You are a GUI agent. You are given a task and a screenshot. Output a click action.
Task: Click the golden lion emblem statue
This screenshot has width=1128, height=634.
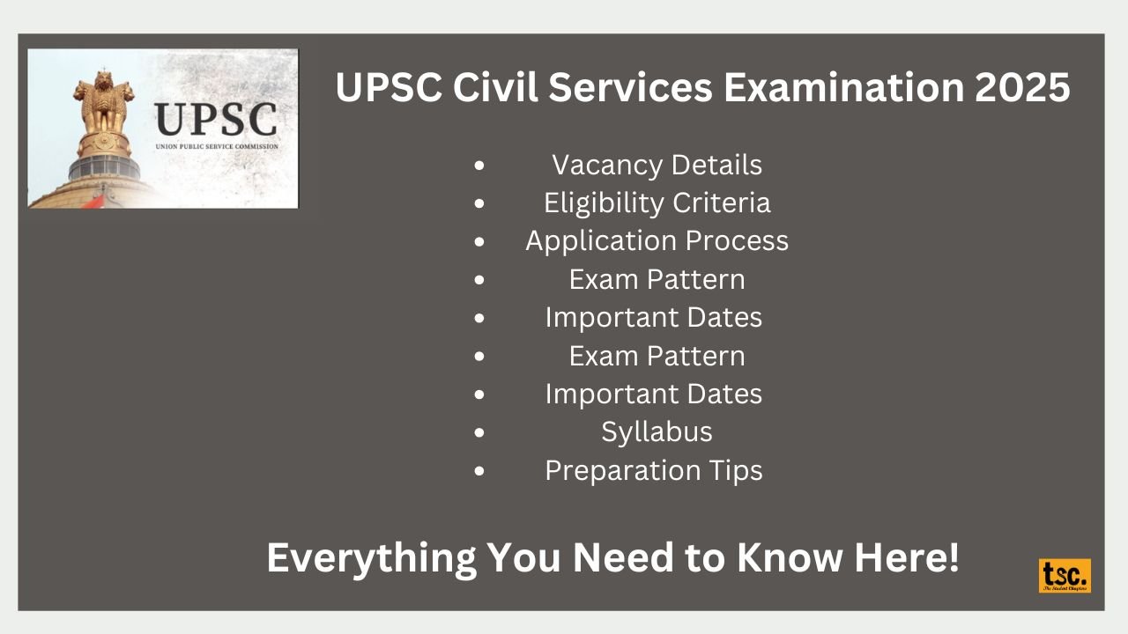pos(104,106)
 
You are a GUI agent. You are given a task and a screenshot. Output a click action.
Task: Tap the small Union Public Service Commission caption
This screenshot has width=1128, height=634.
pos(216,147)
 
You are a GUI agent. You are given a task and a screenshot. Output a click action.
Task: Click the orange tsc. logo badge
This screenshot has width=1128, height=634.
pos(1065,576)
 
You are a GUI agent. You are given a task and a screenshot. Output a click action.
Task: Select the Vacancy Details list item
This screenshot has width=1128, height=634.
pos(657,165)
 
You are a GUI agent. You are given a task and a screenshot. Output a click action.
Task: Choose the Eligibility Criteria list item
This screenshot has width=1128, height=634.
pos(657,203)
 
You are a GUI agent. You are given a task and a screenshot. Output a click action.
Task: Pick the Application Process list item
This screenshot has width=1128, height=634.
pos(657,241)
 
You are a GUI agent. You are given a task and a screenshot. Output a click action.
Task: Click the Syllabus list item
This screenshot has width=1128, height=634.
pos(657,431)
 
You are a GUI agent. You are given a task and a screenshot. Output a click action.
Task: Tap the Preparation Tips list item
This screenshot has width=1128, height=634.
pos(653,470)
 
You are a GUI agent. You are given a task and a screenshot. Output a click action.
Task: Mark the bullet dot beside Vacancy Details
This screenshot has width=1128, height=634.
pos(479,166)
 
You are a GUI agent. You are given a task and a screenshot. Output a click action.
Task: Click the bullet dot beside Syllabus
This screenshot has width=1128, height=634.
pos(479,432)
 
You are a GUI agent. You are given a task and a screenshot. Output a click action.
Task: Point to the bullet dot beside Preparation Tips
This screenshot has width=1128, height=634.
pos(479,471)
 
